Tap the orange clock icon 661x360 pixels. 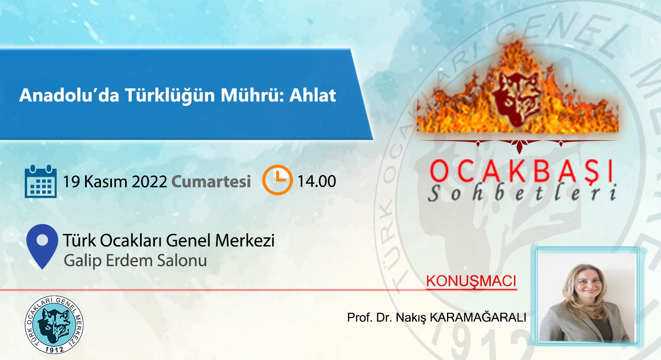(277, 180)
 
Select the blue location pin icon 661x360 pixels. (42, 246)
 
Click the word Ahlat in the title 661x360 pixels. (312, 95)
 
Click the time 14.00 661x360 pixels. (316, 181)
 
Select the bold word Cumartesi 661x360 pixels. (211, 181)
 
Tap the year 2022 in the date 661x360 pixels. (149, 181)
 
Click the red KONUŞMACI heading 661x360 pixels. (471, 281)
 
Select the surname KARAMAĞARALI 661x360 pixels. (478, 317)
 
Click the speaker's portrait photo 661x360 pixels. (587, 296)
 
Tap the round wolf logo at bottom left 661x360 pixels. (54, 324)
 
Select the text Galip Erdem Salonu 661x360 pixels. (135, 261)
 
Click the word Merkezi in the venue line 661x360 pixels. (245, 240)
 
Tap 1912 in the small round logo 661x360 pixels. (55, 349)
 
